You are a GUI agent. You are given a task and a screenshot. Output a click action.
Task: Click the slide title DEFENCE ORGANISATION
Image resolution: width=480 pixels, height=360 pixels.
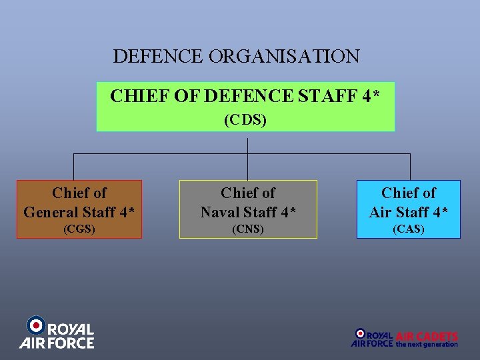coord(236,56)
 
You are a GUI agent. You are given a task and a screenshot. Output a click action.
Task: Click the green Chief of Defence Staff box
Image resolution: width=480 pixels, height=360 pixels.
coord(245,107)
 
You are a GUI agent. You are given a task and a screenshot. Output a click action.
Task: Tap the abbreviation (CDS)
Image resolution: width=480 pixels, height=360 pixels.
coord(245,120)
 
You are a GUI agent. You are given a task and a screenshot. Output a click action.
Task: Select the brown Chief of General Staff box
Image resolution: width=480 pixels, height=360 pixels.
coord(79,209)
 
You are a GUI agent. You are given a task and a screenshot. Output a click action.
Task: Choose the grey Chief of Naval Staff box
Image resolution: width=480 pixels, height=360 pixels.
coord(248,209)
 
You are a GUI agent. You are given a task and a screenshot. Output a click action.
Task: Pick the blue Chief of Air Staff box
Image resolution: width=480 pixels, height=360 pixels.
coord(408,209)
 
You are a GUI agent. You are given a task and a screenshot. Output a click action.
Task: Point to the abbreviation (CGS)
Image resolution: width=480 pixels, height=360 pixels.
coord(79,229)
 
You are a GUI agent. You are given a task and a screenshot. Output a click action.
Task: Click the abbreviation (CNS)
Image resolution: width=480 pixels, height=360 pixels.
coord(248,229)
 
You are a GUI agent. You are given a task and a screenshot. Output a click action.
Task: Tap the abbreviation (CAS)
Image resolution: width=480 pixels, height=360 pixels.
coord(408,229)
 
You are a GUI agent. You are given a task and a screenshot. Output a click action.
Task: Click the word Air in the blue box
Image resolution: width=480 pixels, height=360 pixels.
coord(381,213)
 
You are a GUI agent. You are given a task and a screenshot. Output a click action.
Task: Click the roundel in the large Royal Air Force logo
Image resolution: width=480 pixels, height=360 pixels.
coord(35,325)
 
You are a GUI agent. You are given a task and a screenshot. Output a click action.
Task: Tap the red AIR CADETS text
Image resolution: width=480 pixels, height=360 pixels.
coord(427,336)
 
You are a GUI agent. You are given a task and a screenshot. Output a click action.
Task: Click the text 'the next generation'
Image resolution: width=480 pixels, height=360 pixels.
coord(427,345)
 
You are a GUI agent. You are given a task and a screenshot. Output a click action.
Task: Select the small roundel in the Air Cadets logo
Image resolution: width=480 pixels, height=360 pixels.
coord(360,333)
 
